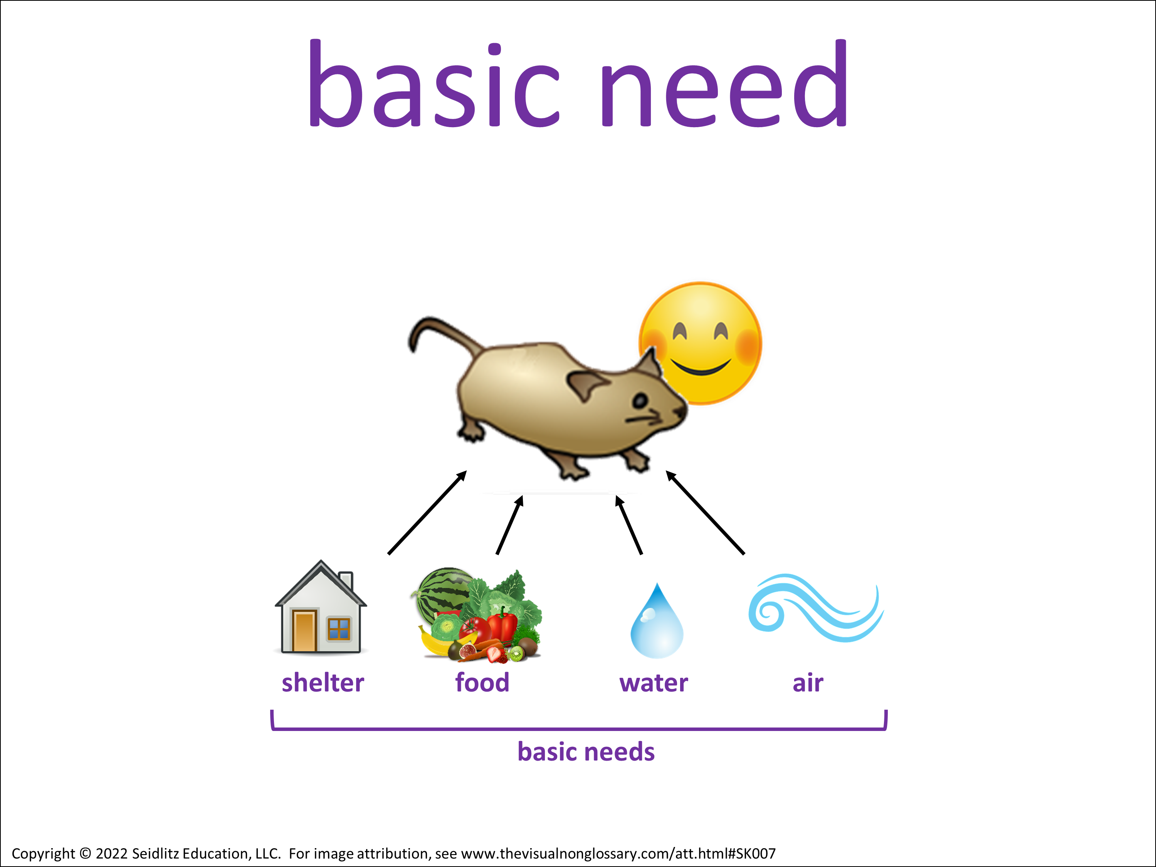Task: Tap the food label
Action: [482, 682]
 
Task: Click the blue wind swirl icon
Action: [815, 608]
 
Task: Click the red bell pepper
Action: [502, 625]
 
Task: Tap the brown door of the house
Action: [304, 631]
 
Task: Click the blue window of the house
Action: [339, 629]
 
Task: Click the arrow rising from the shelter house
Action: [427, 512]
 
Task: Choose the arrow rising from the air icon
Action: [705, 512]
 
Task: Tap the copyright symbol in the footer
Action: [85, 854]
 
